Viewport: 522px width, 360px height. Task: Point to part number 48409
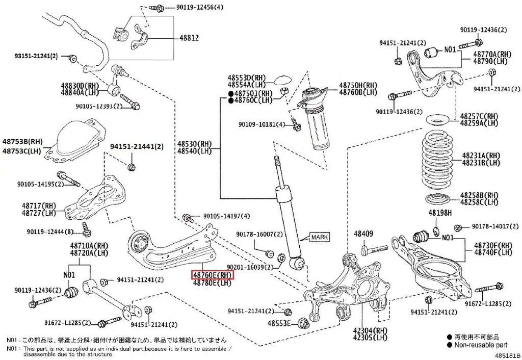[x=363, y=234]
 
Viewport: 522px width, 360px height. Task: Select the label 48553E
[x=279, y=323]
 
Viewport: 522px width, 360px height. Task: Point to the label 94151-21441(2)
[x=137, y=146]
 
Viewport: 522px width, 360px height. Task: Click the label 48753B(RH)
[x=23, y=141]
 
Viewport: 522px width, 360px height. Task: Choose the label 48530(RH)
[x=194, y=144]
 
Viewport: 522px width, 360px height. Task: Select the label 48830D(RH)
[x=81, y=86]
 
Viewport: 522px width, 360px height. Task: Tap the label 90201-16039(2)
[x=250, y=267]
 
